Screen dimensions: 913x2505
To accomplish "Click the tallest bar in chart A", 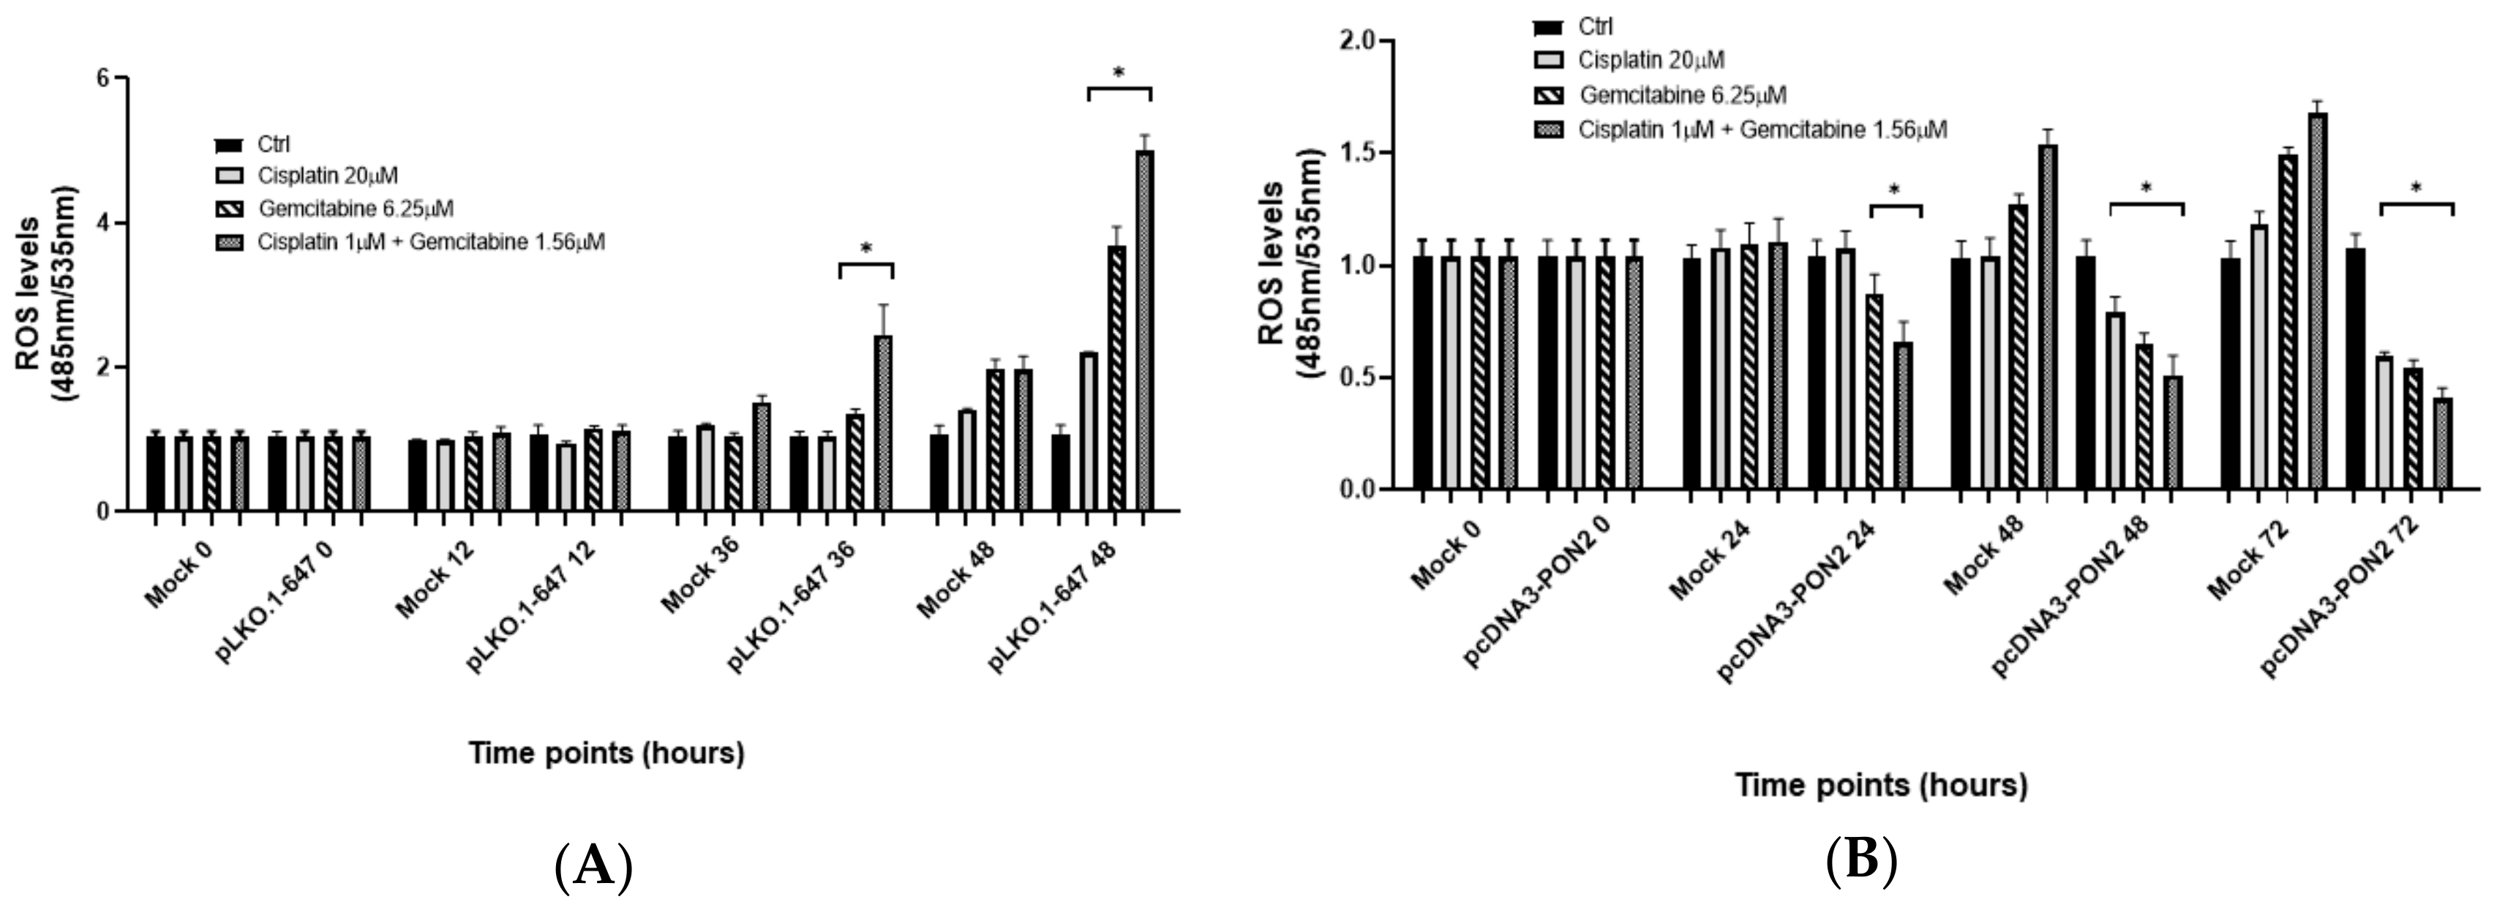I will coord(1144,331).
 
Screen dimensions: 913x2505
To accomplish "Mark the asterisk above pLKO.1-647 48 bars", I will coord(1119,74).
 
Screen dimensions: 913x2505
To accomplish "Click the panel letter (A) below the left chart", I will coord(593,865).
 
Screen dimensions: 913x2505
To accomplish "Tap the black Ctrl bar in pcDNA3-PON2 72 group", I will coord(2354,369).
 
